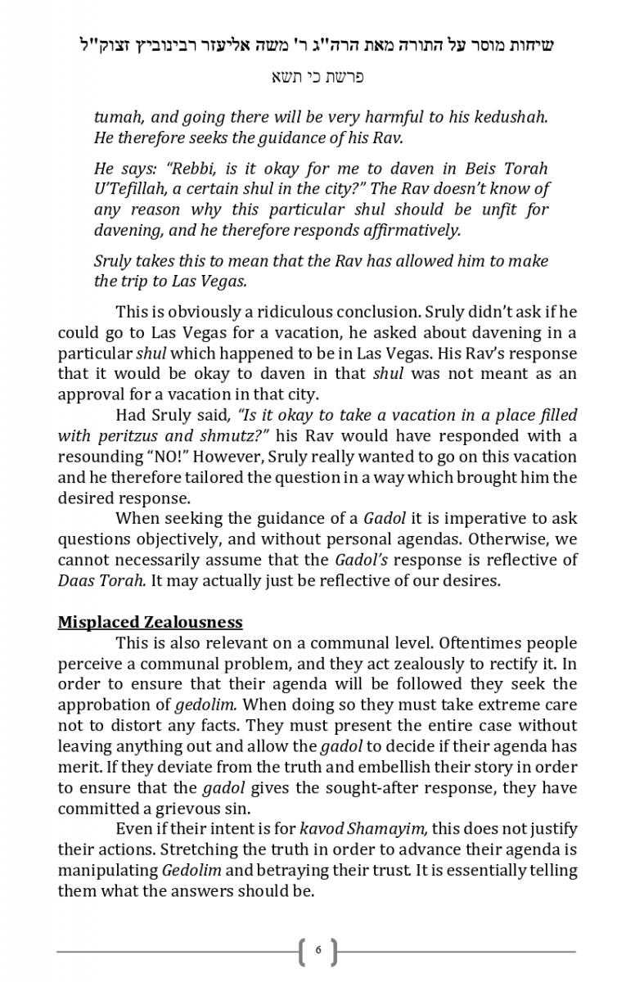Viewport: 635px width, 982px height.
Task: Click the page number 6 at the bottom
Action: (x=317, y=950)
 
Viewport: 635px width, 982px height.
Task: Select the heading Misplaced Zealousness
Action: (x=150, y=622)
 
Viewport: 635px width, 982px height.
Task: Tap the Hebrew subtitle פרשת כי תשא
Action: (x=317, y=77)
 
